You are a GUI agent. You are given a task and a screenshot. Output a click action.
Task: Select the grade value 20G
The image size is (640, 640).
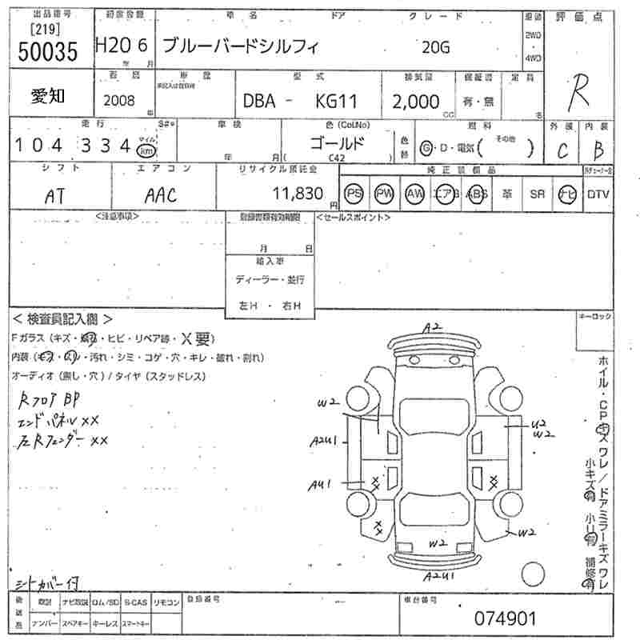click(436, 47)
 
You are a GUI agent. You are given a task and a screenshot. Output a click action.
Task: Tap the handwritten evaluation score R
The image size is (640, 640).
click(578, 95)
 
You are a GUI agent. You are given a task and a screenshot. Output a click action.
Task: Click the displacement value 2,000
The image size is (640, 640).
click(416, 102)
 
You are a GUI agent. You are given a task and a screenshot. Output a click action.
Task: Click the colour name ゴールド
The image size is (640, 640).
click(337, 144)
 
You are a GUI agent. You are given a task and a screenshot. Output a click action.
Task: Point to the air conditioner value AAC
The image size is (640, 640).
click(160, 195)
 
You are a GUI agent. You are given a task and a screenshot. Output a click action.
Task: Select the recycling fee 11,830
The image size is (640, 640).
click(298, 194)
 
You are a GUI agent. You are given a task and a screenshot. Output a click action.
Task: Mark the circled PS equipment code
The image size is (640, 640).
click(353, 194)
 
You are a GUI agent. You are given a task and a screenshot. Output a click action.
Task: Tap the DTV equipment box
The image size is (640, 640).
click(598, 194)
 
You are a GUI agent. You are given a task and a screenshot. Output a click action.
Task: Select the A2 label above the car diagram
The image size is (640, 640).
click(433, 327)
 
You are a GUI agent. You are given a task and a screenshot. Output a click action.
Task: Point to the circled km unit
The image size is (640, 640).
click(146, 149)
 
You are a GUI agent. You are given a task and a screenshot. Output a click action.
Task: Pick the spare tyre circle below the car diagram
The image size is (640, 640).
click(532, 574)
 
